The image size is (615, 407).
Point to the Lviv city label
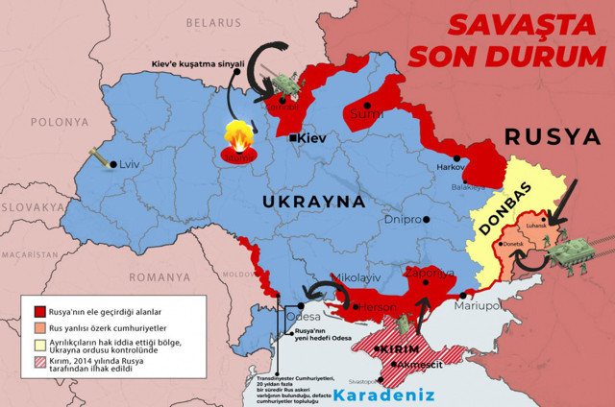tap(129, 164)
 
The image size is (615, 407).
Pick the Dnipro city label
tap(403, 219)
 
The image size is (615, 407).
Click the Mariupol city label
tap(479, 305)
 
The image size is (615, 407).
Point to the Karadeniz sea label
tap(383, 394)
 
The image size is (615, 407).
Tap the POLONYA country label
tap(59, 122)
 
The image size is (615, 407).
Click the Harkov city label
tap(451, 167)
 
